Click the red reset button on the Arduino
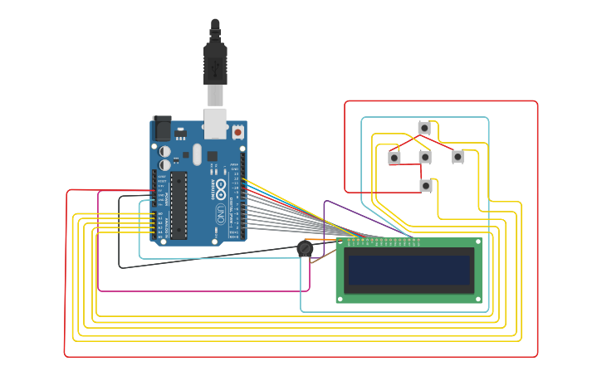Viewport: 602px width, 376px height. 237,132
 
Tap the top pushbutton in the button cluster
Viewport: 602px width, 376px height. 424,128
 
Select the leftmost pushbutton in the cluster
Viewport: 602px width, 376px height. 394,158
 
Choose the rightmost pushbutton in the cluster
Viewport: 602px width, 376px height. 458,156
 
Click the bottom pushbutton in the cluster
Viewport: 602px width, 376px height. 426,186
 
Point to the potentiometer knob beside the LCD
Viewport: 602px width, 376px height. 305,248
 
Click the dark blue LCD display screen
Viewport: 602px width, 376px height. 409,270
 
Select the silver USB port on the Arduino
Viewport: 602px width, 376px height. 215,123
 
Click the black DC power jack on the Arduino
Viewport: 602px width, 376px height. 162,127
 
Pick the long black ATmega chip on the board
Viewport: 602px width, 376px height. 179,205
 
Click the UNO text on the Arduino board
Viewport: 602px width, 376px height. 221,214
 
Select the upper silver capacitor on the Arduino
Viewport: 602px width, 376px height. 165,151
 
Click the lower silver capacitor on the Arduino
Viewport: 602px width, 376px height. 165,164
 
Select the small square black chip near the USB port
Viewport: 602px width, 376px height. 212,156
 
